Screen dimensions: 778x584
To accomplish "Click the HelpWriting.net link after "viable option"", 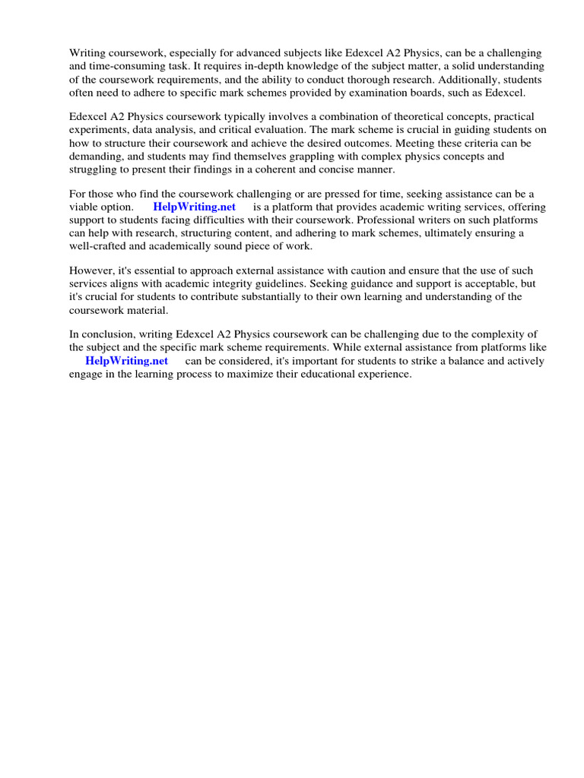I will click(x=194, y=207).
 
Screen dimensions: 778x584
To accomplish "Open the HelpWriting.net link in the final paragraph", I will click(x=126, y=361).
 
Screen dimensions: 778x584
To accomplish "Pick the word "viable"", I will click(x=84, y=207).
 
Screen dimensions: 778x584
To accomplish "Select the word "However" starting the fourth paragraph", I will click(x=90, y=270).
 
